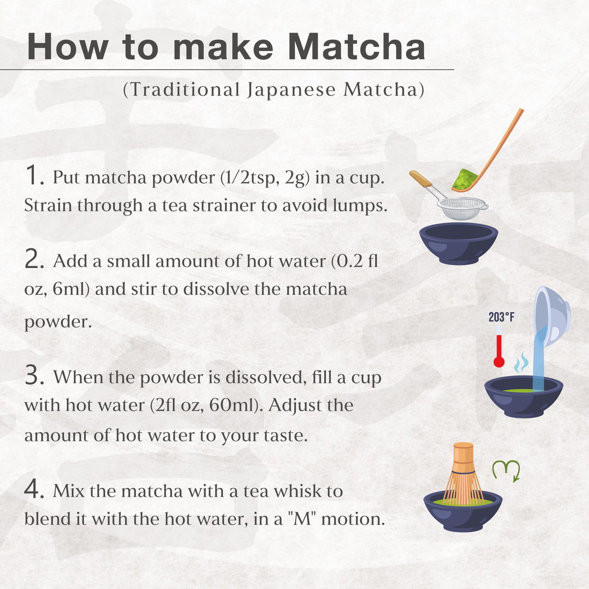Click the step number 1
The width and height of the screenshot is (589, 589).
coord(34,176)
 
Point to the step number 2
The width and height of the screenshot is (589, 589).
coord(35,260)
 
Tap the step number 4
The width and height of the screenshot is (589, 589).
coord(35,490)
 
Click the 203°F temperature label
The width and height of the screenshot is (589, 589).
coord(501,318)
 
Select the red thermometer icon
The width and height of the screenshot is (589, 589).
coord(499,351)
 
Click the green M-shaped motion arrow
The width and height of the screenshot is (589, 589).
coord(506,470)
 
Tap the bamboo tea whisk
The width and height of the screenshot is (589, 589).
coord(463,474)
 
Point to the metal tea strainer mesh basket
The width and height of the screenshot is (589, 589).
coord(462,208)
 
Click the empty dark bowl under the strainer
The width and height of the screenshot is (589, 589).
coord(458,242)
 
